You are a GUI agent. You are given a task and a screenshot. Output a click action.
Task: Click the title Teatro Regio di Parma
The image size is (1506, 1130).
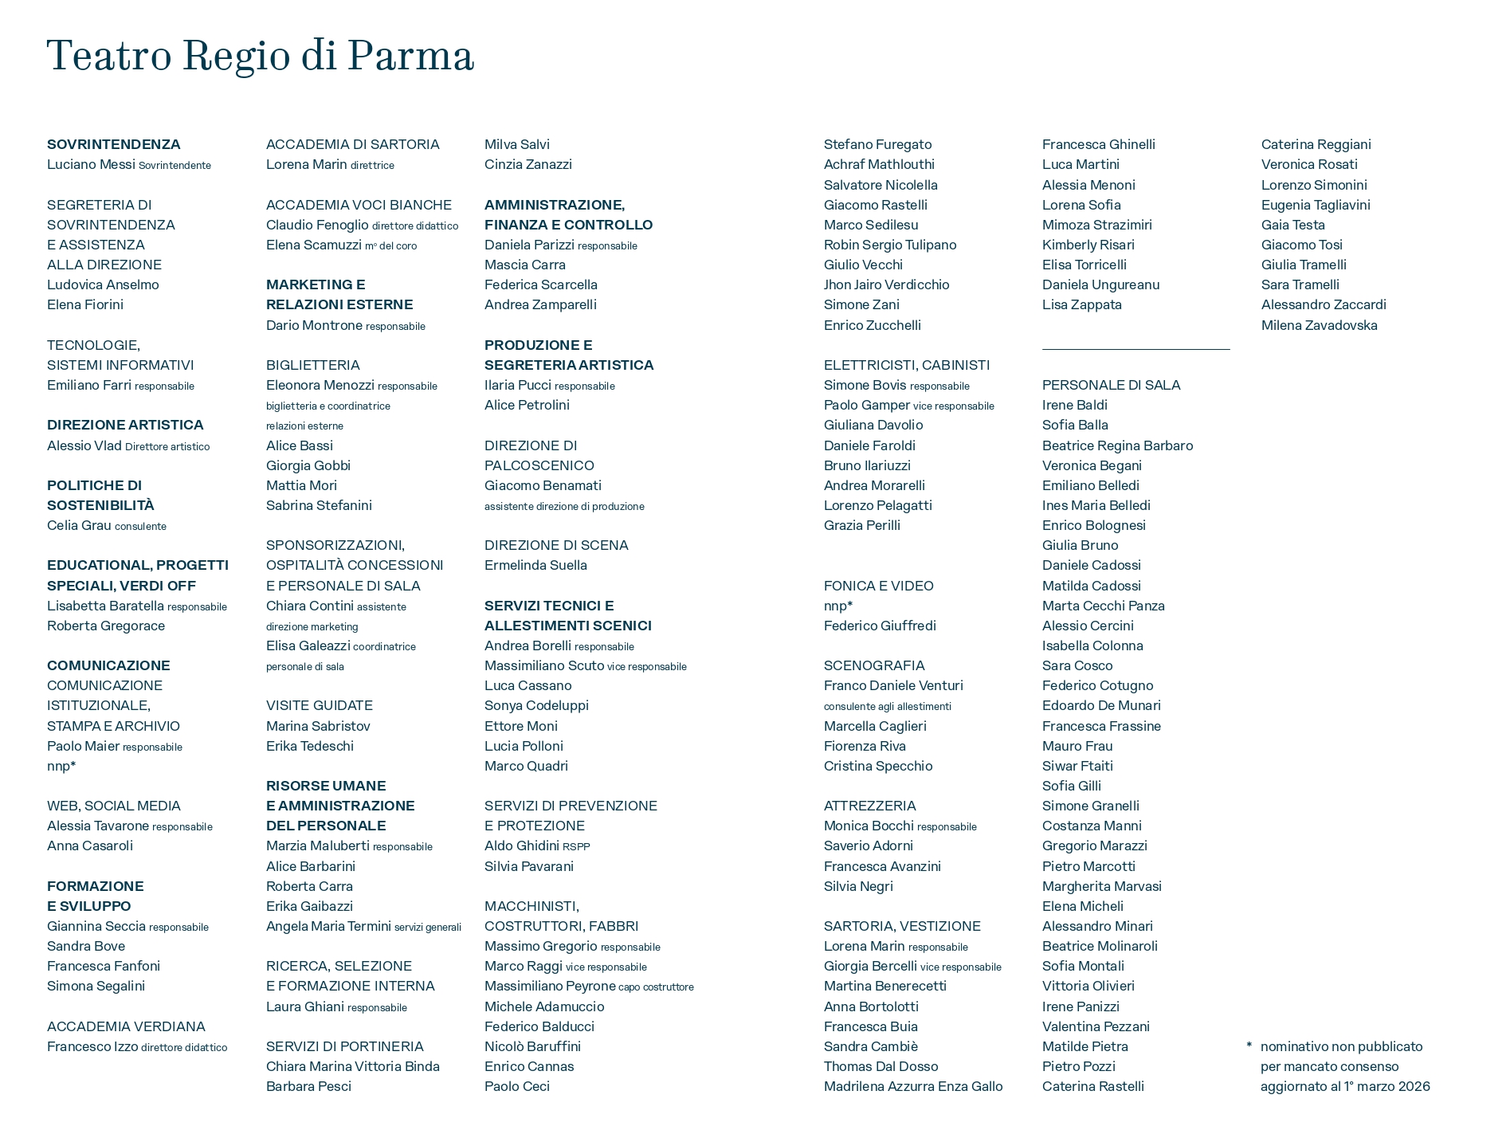pyautogui.click(x=261, y=56)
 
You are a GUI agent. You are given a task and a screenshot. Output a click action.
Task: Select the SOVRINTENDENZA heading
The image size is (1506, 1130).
pyautogui.click(x=114, y=144)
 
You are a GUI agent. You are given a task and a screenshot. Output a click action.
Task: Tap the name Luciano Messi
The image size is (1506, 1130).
pyautogui.click(x=91, y=165)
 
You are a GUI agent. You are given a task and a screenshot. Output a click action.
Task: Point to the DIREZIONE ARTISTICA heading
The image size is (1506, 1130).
pyautogui.click(x=125, y=425)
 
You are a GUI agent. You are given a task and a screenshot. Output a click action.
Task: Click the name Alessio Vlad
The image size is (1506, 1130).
pyautogui.click(x=84, y=445)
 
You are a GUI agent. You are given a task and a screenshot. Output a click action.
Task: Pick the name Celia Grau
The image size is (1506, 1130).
pyautogui.click(x=79, y=525)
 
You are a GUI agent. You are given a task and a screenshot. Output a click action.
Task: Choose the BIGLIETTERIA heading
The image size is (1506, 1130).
pyautogui.click(x=313, y=365)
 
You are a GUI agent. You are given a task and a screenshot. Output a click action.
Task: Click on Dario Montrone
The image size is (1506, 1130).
pyautogui.click(x=314, y=325)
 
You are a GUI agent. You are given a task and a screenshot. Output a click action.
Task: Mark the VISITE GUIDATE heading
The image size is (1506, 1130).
pyautogui.click(x=320, y=705)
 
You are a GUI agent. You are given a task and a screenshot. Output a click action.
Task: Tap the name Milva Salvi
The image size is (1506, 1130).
pyautogui.click(x=517, y=144)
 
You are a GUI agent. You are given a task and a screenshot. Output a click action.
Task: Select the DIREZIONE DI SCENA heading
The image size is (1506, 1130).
pyautogui.click(x=556, y=545)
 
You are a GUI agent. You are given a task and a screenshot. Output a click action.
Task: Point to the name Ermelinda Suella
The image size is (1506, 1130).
pyautogui.click(x=535, y=565)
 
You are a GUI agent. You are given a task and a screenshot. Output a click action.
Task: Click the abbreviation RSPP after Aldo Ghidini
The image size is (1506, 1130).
pyautogui.click(x=576, y=846)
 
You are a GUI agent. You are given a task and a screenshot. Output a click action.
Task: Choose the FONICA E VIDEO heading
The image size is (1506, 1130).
pyautogui.click(x=879, y=586)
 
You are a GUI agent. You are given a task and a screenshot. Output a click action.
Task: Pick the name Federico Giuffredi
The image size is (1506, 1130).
pyautogui.click(x=880, y=626)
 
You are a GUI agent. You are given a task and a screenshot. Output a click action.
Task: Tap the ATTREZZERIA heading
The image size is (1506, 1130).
pyautogui.click(x=870, y=806)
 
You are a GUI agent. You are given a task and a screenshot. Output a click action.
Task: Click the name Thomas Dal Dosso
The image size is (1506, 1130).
pyautogui.click(x=881, y=1066)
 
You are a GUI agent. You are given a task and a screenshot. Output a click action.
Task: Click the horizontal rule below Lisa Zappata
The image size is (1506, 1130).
pyautogui.click(x=1135, y=349)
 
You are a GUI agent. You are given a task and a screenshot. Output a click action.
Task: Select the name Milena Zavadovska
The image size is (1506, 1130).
pyautogui.click(x=1319, y=325)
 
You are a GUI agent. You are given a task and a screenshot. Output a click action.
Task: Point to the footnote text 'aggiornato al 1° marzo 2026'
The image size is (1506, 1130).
pyautogui.click(x=1345, y=1086)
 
